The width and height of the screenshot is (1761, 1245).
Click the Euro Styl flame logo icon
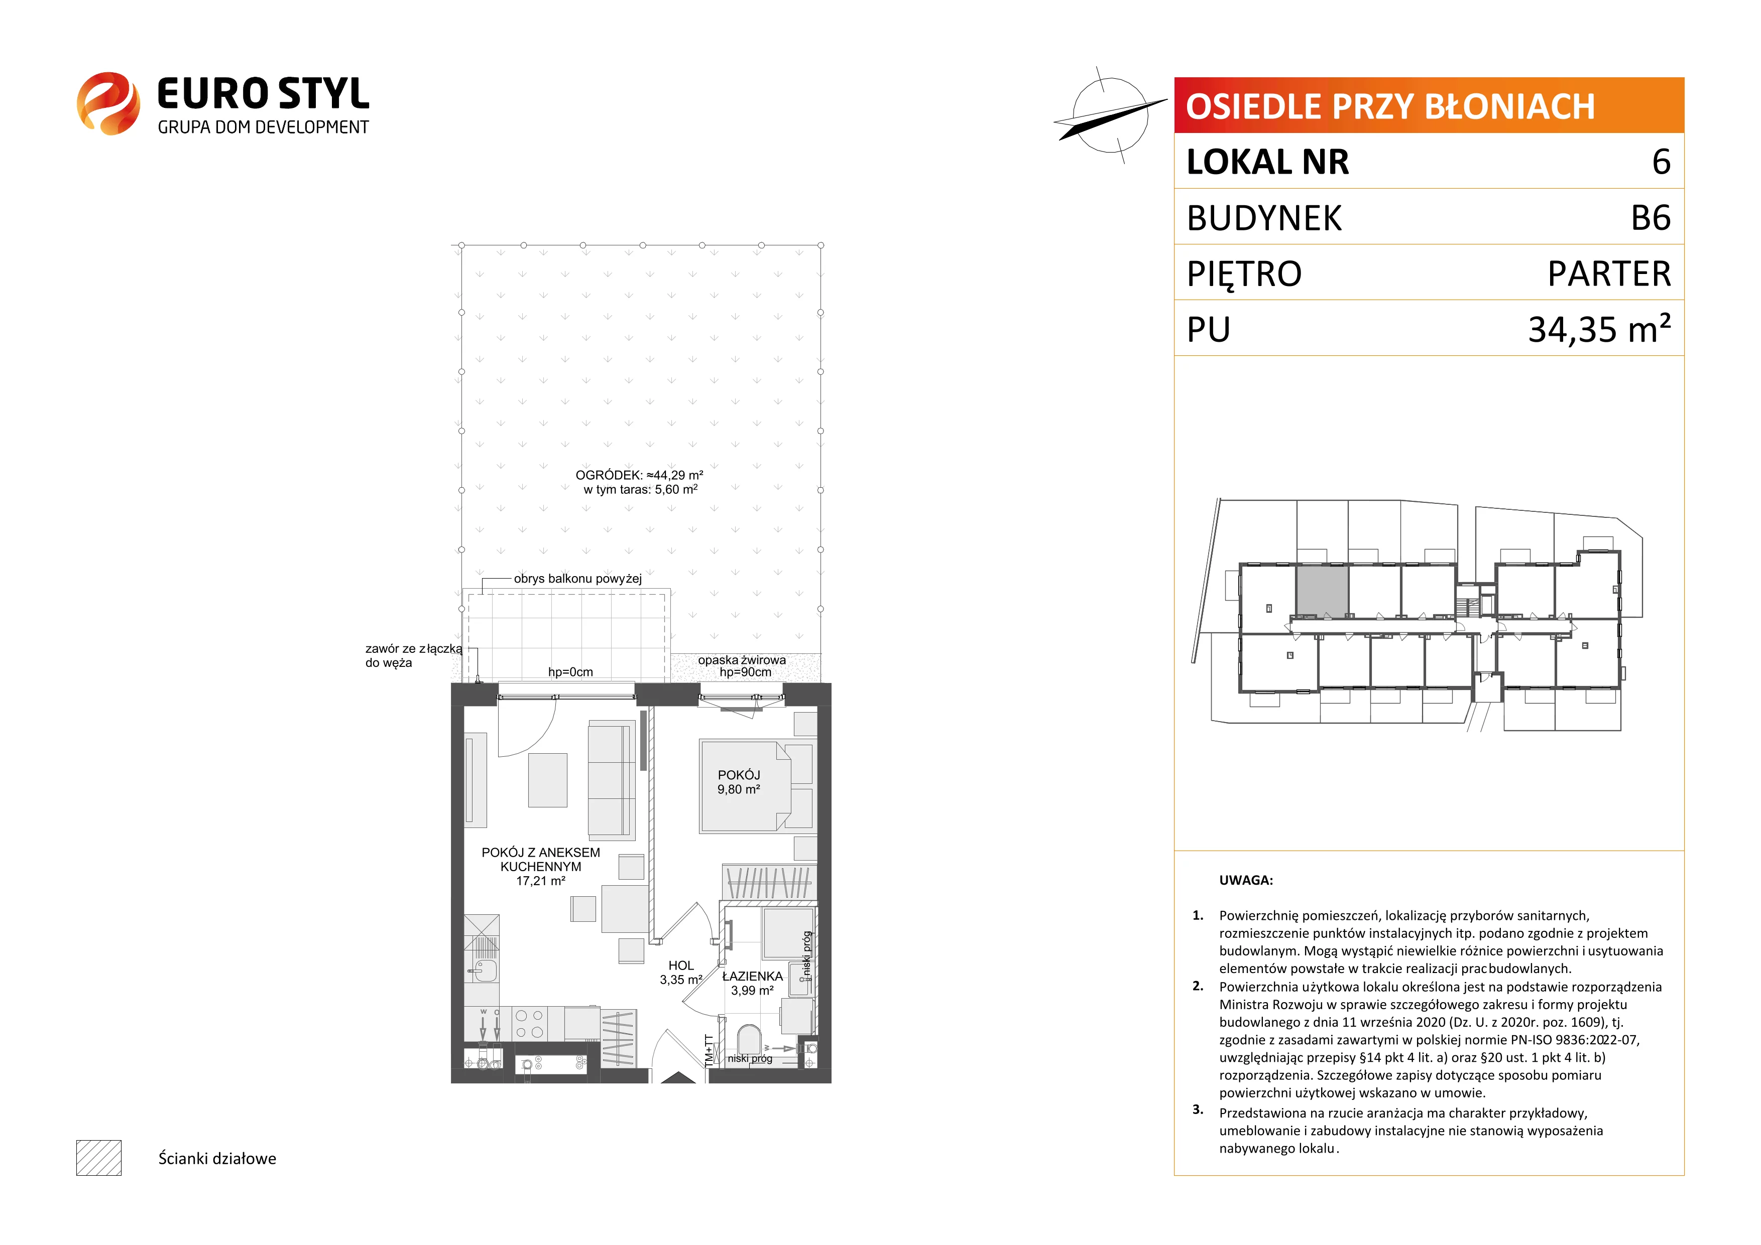[108, 103]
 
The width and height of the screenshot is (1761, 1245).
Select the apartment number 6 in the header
[1661, 162]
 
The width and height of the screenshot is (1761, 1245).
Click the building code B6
[1651, 218]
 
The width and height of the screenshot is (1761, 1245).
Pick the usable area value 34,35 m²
[1599, 329]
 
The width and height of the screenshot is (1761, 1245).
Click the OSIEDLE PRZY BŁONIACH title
[1390, 106]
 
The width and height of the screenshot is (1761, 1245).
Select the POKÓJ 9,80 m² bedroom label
[739, 782]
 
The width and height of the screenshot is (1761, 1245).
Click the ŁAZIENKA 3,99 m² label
[752, 983]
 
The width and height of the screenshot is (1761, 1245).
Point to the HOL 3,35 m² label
[681, 972]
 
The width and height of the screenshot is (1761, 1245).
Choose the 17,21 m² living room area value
[541, 881]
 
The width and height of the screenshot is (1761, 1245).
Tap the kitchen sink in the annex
[483, 971]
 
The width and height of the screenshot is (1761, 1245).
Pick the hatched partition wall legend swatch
[99, 1158]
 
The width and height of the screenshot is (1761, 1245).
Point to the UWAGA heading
[1246, 880]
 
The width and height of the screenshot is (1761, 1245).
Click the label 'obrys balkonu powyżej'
[577, 579]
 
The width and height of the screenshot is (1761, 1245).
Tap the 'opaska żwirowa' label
[742, 660]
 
